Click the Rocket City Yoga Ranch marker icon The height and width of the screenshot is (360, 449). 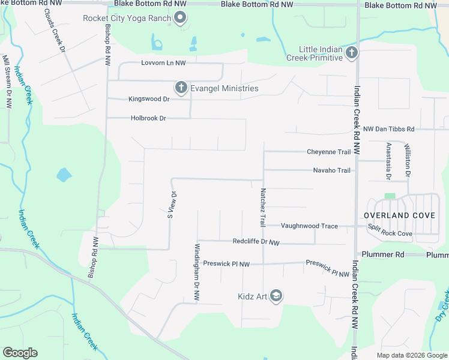coord(181,17)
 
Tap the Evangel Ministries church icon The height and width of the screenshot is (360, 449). coord(181,88)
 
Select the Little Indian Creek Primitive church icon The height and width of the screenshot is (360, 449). coord(352,53)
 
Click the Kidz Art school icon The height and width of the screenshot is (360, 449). coord(276,296)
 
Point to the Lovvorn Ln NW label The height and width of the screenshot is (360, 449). coord(163,62)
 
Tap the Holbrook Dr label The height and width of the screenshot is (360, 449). coord(148,118)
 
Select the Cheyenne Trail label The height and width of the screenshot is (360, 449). coord(328,152)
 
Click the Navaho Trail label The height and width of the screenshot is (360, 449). coord(331,170)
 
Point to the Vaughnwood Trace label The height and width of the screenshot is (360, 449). coord(310,226)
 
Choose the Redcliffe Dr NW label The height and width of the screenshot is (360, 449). coord(256,242)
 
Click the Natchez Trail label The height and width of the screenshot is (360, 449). coord(263,208)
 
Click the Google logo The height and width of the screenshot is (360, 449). coord(20,353)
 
